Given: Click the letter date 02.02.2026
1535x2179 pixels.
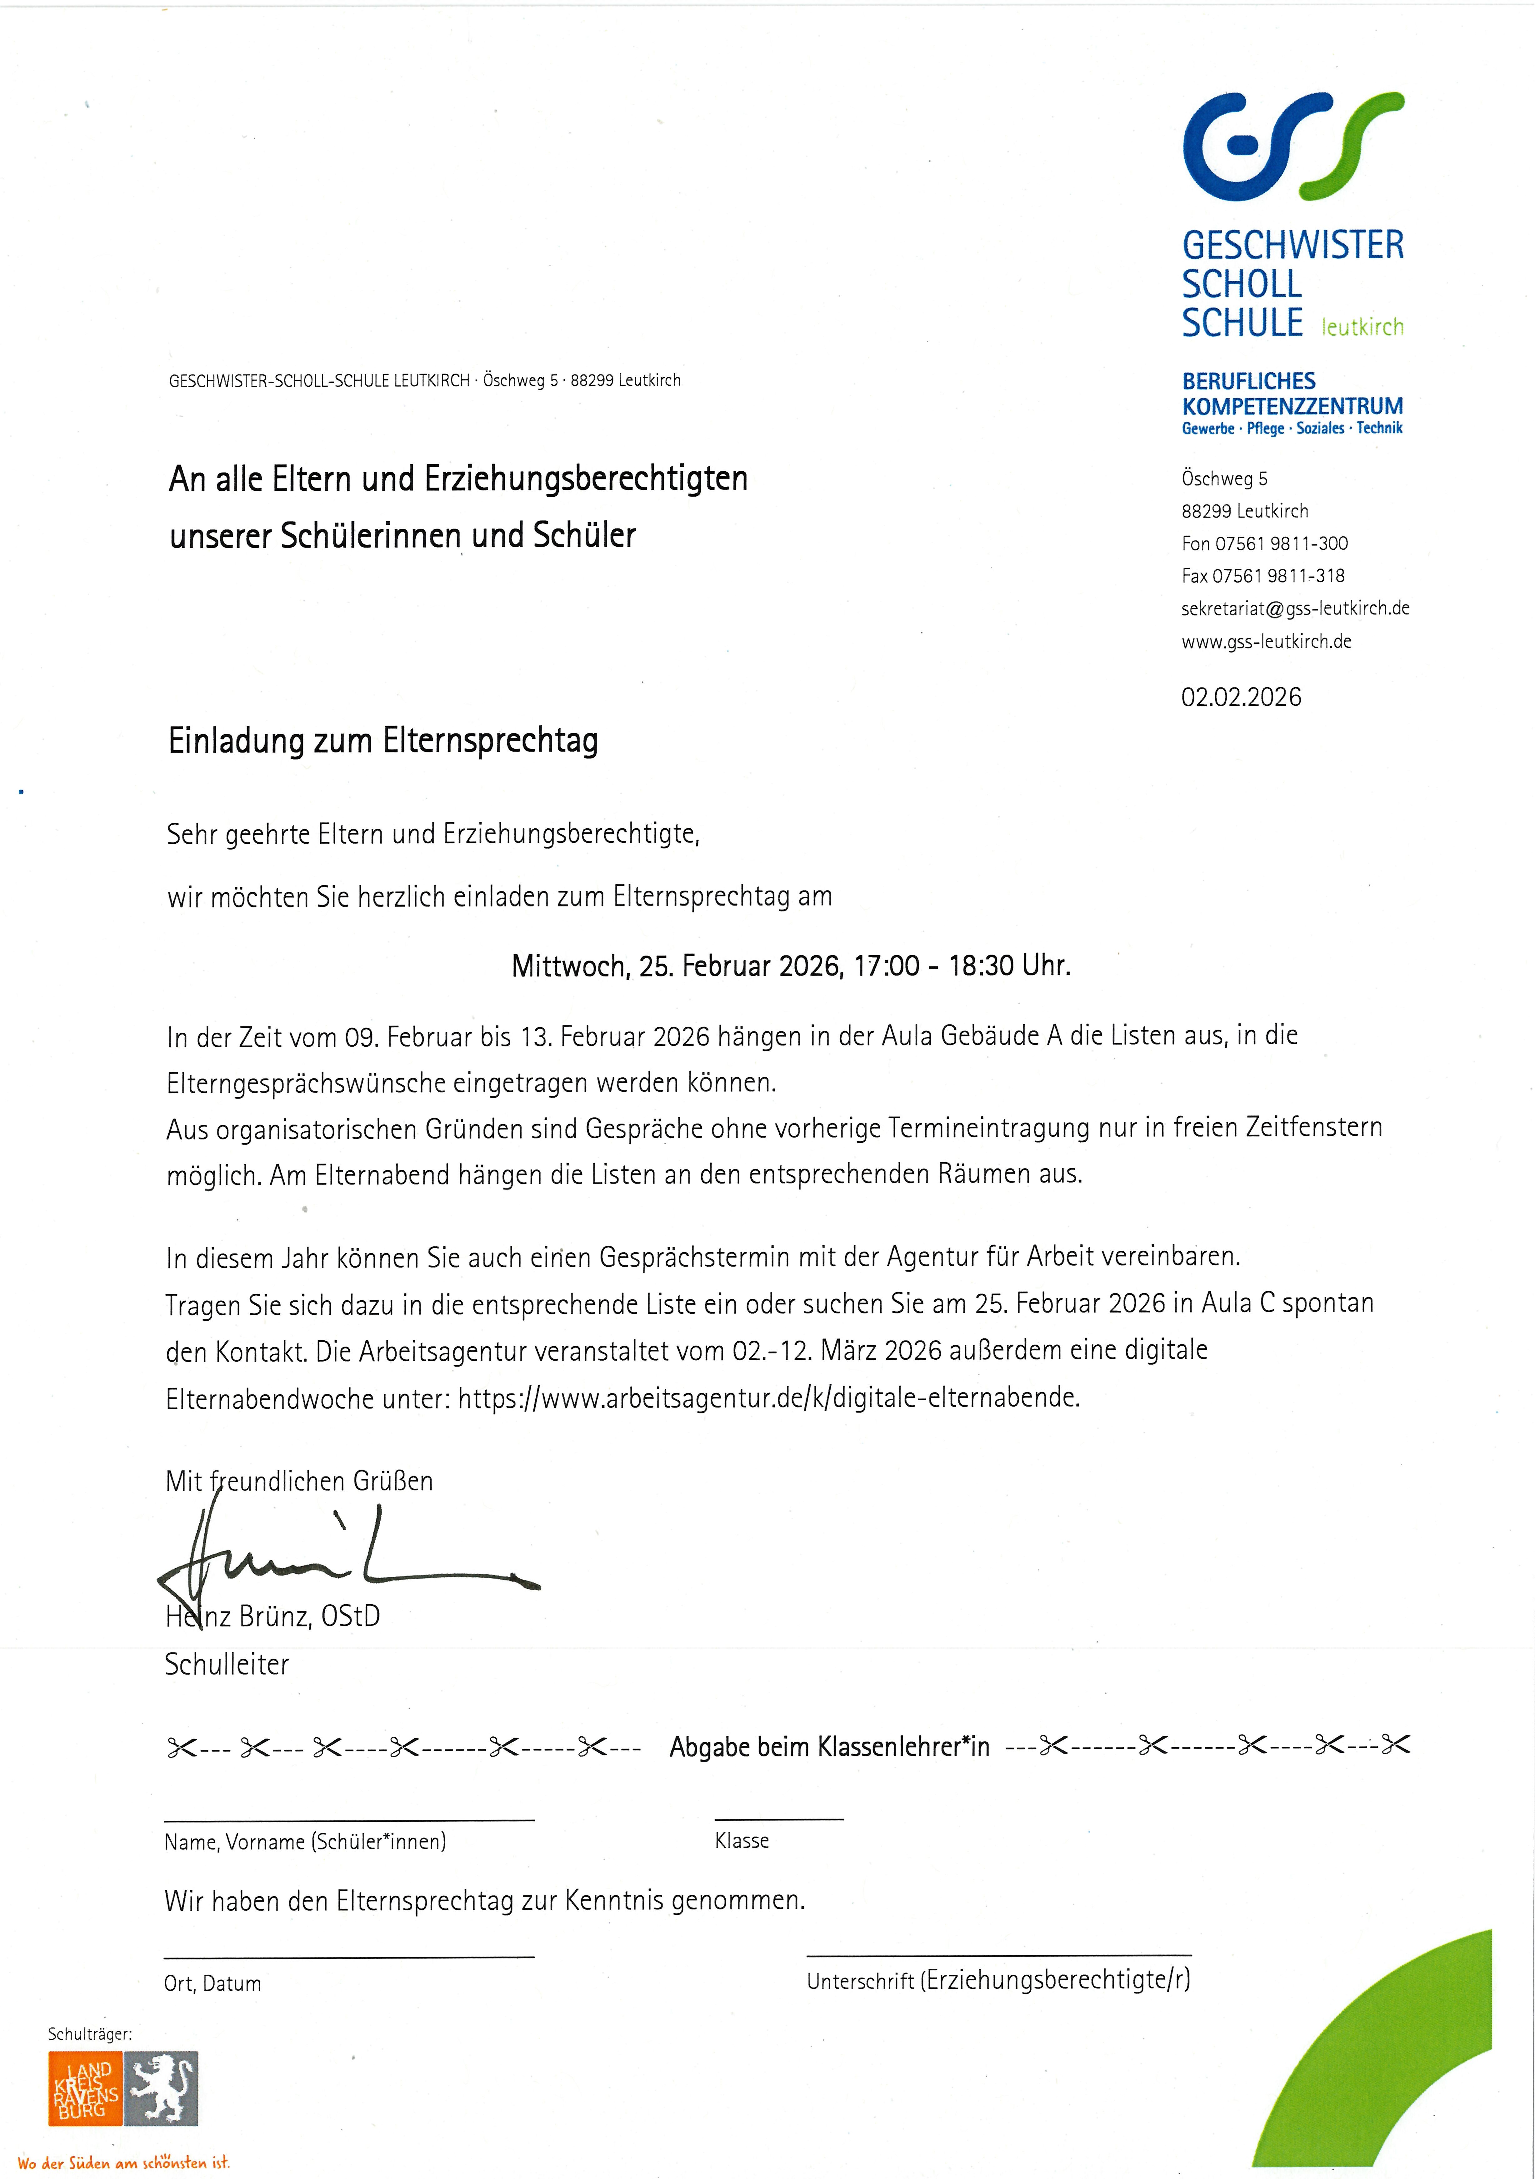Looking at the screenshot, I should pyautogui.click(x=1241, y=697).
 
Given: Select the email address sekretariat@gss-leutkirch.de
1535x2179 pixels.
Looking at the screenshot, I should pyautogui.click(x=1295, y=608).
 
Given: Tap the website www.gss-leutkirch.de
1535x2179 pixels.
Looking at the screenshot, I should pyautogui.click(x=1266, y=642).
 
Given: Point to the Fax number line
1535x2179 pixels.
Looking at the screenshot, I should pyautogui.click(x=1262, y=576).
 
